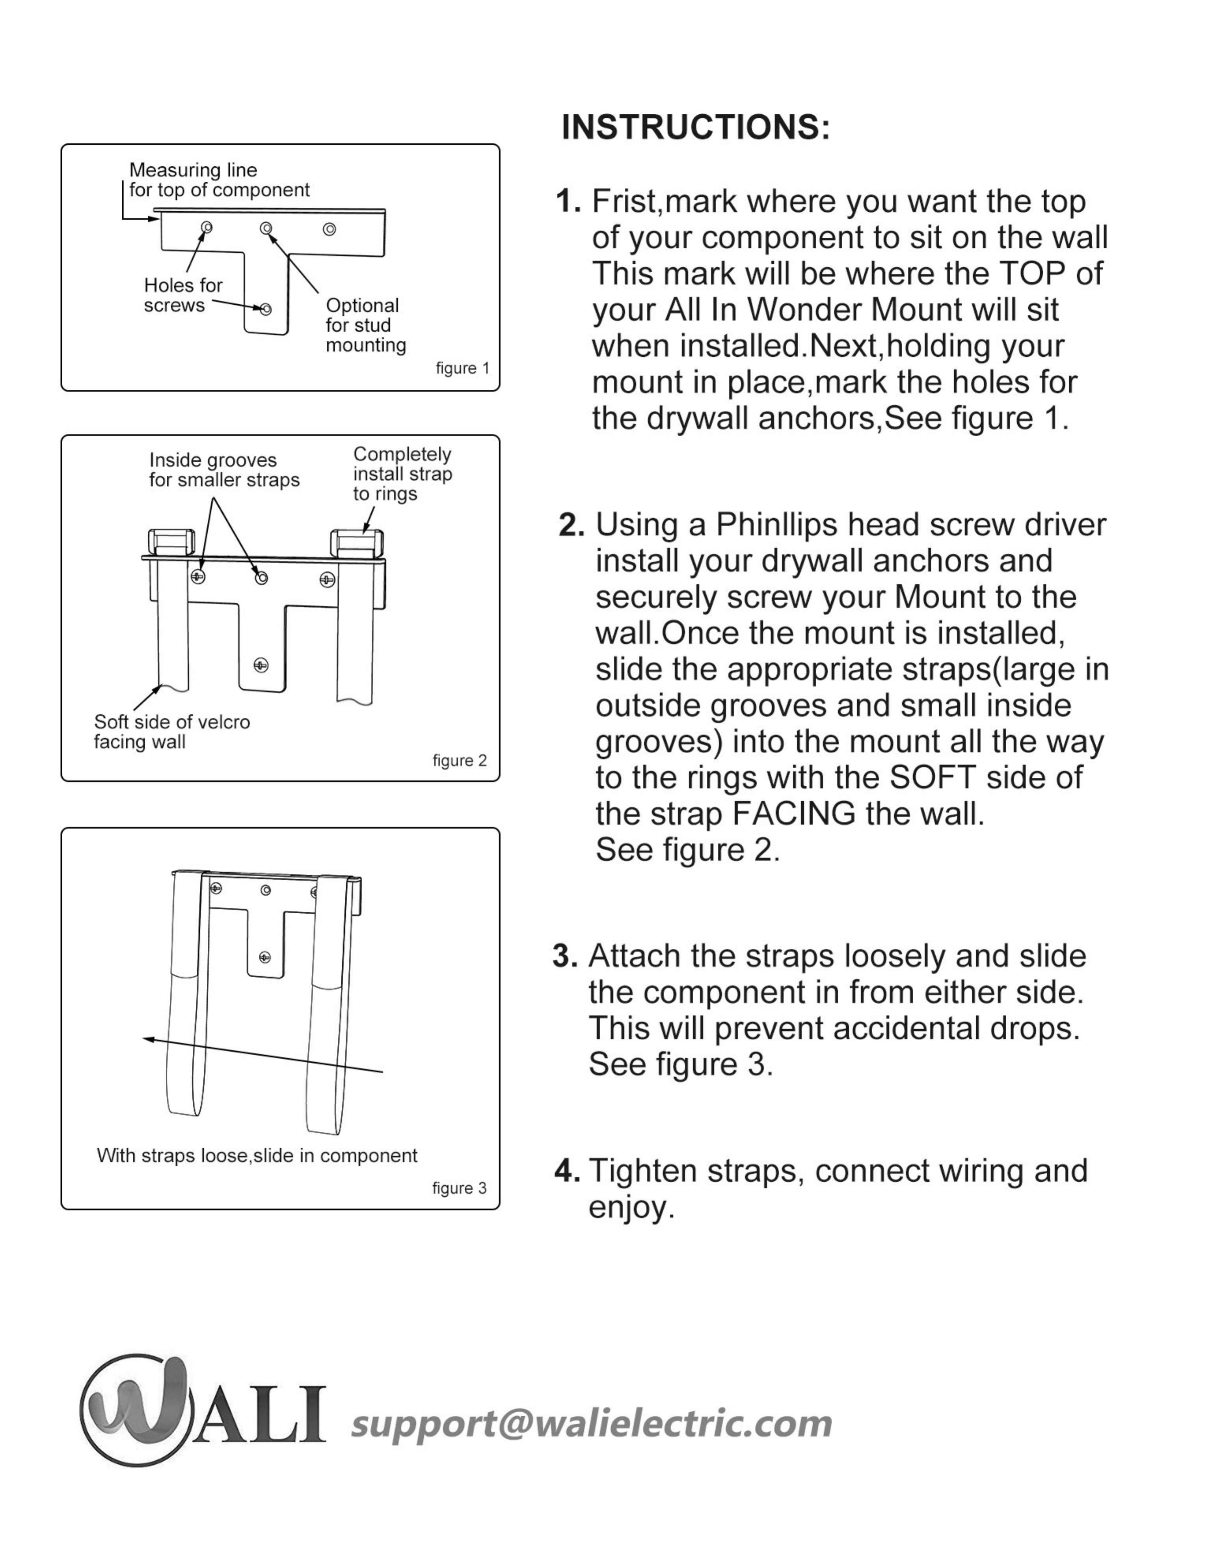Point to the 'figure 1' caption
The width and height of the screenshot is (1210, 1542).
(x=462, y=368)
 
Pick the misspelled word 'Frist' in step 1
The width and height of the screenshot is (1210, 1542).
(x=626, y=202)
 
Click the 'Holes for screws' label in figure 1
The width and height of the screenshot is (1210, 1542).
(x=183, y=295)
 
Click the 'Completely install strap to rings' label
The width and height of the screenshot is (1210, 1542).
(x=402, y=474)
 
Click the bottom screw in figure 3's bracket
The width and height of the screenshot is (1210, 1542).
(x=265, y=958)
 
